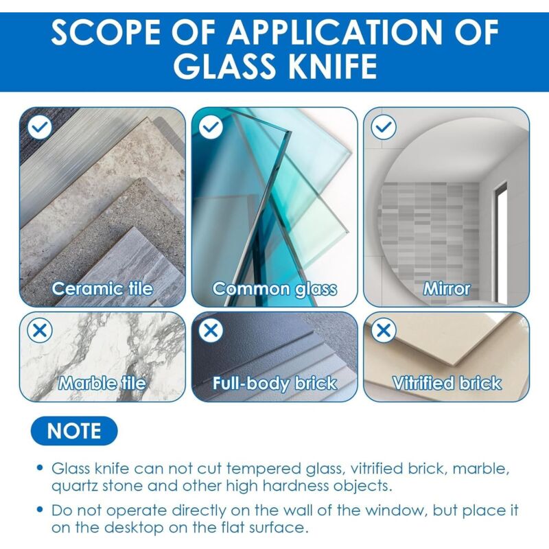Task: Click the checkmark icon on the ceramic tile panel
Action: pyautogui.click(x=40, y=127)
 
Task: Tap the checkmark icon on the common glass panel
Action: pyautogui.click(x=211, y=127)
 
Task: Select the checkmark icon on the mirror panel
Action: pyautogui.click(x=384, y=127)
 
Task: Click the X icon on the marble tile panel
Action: pyautogui.click(x=40, y=330)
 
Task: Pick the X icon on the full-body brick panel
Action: pyautogui.click(x=211, y=330)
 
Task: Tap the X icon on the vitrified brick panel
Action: pyautogui.click(x=384, y=330)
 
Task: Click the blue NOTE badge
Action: pyautogui.click(x=74, y=431)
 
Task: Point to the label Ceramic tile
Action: pyautogui.click(x=102, y=289)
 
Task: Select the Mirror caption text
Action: pyautogui.click(x=447, y=289)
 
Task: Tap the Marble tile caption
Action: pyautogui.click(x=102, y=383)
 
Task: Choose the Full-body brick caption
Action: pyautogui.click(x=275, y=384)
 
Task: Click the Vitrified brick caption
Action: pyautogui.click(x=447, y=383)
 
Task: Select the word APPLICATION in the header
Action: pyautogui.click(x=336, y=32)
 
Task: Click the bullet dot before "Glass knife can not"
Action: pyautogui.click(x=40, y=468)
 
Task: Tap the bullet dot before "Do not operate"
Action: pyautogui.click(x=40, y=509)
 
